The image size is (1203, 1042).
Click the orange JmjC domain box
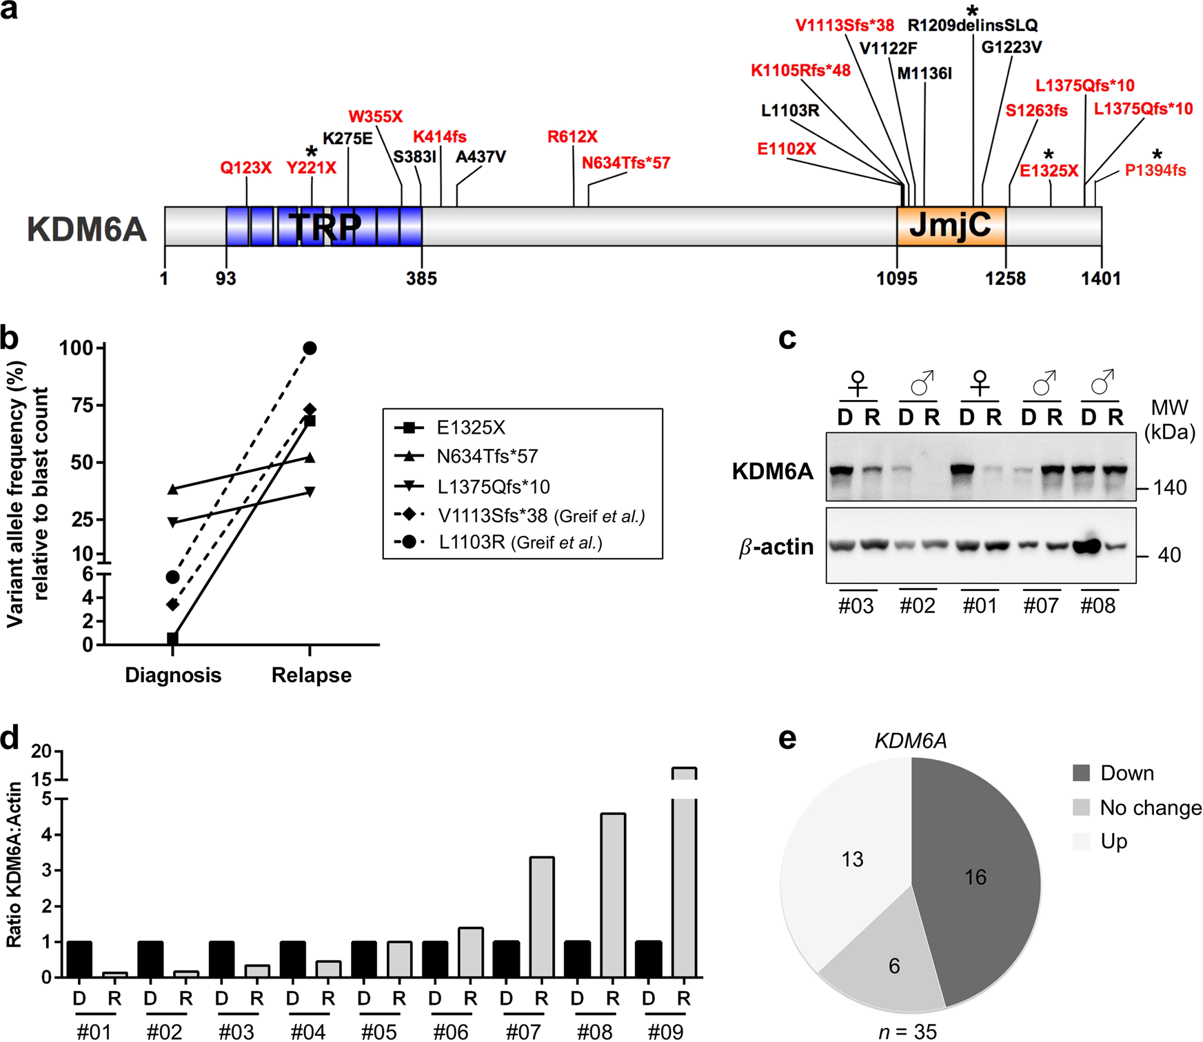[951, 226]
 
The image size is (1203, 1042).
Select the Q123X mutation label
[245, 168]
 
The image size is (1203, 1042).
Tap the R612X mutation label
[572, 137]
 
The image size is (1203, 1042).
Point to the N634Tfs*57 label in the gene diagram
[625, 163]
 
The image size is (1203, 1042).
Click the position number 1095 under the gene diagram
[896, 279]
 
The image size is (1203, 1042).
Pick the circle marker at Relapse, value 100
[310, 348]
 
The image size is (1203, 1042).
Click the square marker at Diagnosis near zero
[172, 639]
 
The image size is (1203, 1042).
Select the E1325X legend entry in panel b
[471, 428]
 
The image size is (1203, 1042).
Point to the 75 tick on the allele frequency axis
[83, 405]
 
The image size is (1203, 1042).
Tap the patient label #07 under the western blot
[1040, 605]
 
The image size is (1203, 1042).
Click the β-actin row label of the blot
[776, 547]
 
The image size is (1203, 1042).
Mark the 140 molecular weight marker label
[1170, 488]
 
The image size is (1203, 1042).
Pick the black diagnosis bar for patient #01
[80, 959]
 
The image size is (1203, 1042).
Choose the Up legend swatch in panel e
[1081, 841]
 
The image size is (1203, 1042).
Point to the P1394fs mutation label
[1155, 170]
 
